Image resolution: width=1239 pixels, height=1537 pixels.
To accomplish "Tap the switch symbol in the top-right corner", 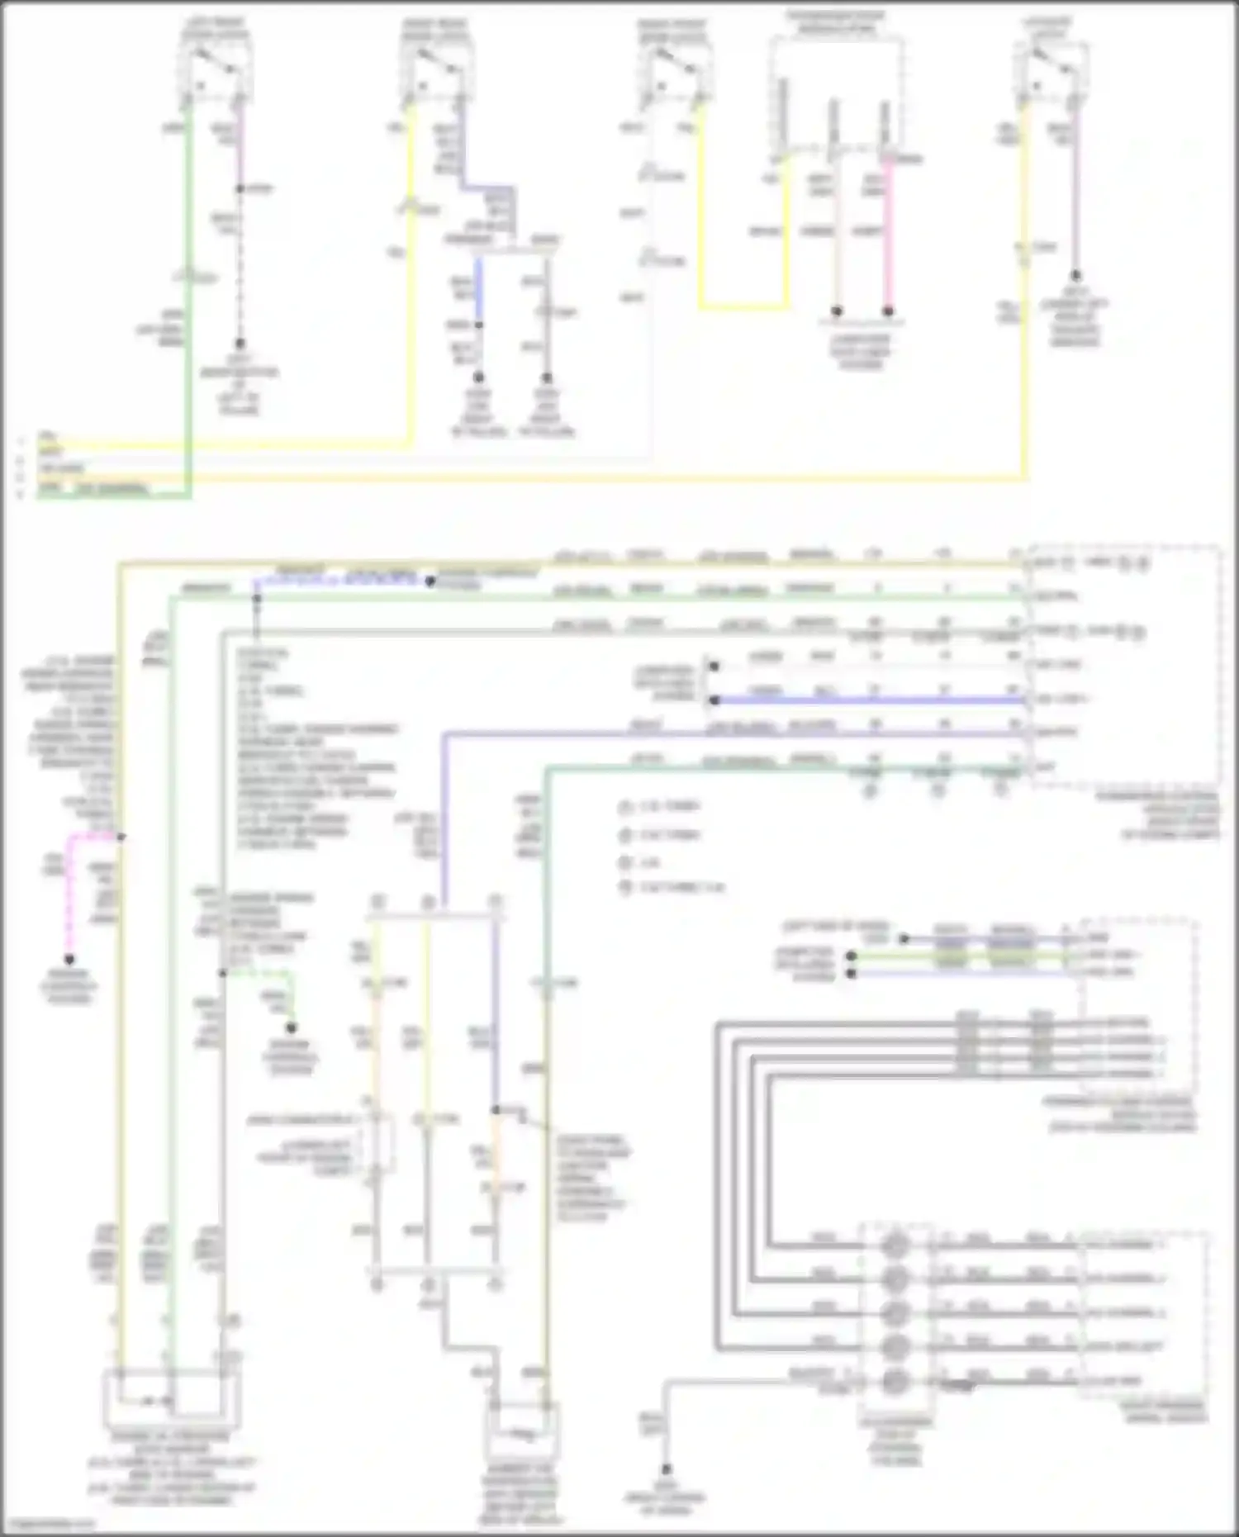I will click(x=1049, y=61).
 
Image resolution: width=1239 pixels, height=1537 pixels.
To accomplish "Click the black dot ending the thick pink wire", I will click(x=888, y=311).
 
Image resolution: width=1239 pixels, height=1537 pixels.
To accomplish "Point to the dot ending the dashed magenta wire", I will click(x=69, y=960).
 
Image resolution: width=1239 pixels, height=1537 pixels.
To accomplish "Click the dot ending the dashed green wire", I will click(x=291, y=1028).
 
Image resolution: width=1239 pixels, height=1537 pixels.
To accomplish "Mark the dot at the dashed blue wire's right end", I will click(x=430, y=581).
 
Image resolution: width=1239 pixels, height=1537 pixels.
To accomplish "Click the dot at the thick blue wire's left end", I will click(x=714, y=700).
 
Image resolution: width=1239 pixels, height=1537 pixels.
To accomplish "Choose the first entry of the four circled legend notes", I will click(x=625, y=807).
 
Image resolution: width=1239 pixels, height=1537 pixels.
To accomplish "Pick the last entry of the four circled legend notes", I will click(x=625, y=888).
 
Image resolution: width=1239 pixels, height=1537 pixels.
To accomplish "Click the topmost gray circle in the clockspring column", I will click(x=896, y=1244).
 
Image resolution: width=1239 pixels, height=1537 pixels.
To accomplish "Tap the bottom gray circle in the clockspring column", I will click(x=896, y=1381).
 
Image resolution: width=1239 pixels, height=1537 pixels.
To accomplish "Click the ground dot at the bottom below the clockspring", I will click(x=666, y=1470).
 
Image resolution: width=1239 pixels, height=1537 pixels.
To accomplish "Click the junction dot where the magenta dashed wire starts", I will click(x=121, y=837).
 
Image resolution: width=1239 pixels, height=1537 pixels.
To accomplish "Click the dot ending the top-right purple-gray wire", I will click(x=1075, y=276).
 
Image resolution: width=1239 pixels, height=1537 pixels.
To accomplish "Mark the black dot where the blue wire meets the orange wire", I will click(x=496, y=1110).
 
